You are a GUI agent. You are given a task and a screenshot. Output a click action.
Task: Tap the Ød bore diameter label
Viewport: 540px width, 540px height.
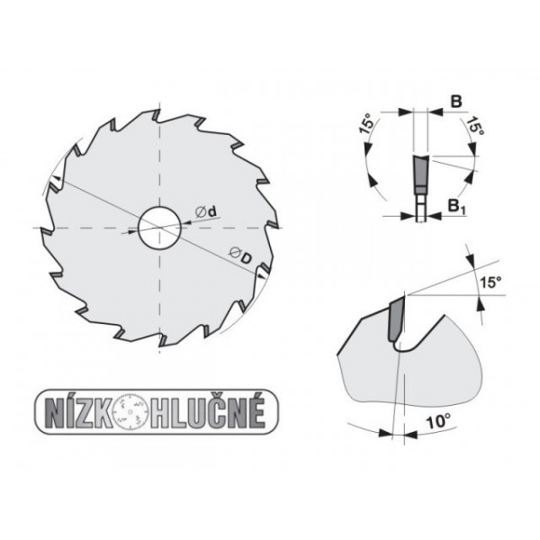tap(209, 212)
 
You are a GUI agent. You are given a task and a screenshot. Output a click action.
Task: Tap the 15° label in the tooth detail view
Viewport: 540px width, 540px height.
tap(487, 283)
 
